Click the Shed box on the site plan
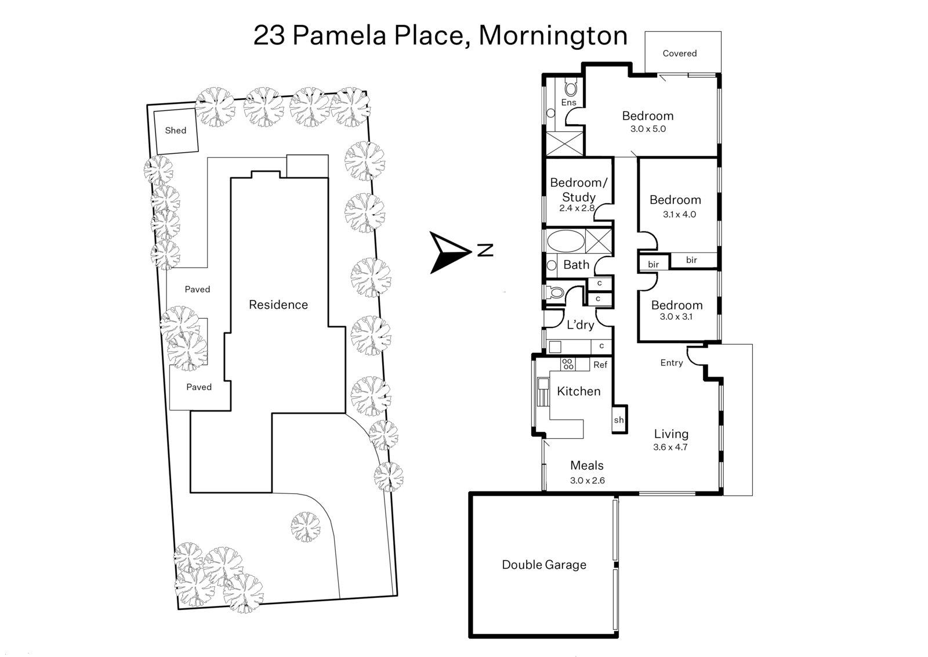point(175,131)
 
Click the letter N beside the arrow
point(485,251)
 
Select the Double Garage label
point(543,565)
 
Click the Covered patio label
point(679,53)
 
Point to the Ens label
point(568,103)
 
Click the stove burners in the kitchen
point(568,364)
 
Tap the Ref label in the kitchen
point(600,365)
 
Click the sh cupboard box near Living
point(618,420)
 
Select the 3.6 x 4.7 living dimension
point(670,447)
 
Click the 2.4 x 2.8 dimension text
point(577,208)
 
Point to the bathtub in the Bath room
point(563,241)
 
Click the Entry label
point(671,363)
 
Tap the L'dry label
point(580,325)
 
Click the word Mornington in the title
point(553,35)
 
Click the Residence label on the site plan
point(278,305)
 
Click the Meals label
point(586,465)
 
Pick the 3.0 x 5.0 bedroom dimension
point(648,129)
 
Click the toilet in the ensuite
point(571,89)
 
